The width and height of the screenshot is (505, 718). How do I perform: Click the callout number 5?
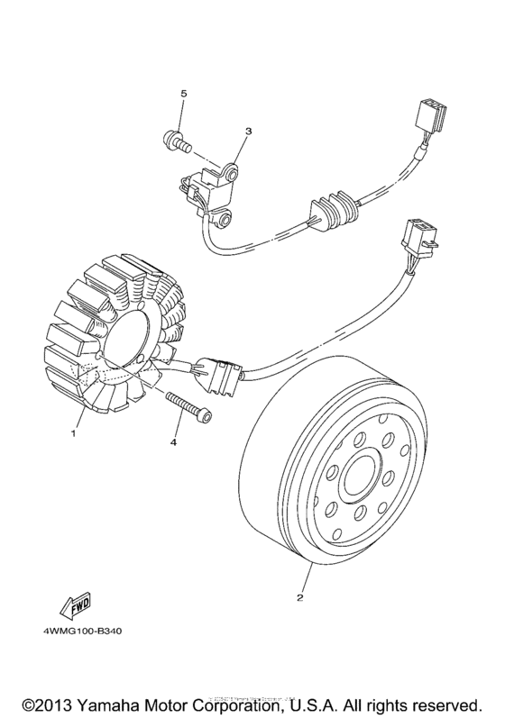pos(184,94)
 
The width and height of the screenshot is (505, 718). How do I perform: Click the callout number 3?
pos(248,132)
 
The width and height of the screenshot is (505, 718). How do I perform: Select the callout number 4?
pos(174,442)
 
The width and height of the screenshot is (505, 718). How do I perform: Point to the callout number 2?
pos(300,597)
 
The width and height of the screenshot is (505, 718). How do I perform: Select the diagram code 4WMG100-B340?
pos(82,631)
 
